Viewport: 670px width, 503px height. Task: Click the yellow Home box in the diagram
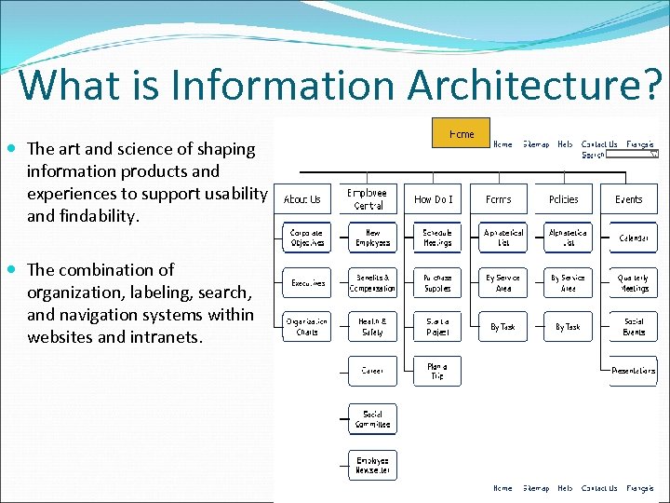point(461,133)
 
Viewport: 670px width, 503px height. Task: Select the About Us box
point(301,199)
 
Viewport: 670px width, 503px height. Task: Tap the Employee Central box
point(368,199)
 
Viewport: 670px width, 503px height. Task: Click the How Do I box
point(434,199)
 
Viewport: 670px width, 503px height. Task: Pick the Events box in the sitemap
point(629,199)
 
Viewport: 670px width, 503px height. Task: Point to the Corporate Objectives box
point(306,238)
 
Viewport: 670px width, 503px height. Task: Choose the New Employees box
point(372,238)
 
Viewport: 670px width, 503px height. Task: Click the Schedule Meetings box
point(437,238)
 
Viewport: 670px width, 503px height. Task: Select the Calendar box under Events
point(634,238)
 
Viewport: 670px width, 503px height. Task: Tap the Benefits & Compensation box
point(372,282)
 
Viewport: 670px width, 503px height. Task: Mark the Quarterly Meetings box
point(634,282)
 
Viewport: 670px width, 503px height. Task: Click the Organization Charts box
point(306,326)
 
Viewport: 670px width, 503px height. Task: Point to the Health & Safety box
point(372,326)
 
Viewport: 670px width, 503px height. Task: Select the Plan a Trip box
point(437,371)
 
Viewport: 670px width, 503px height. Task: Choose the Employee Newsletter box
point(372,465)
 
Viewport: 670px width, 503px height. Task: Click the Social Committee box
point(372,419)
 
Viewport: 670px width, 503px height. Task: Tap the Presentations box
point(634,370)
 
